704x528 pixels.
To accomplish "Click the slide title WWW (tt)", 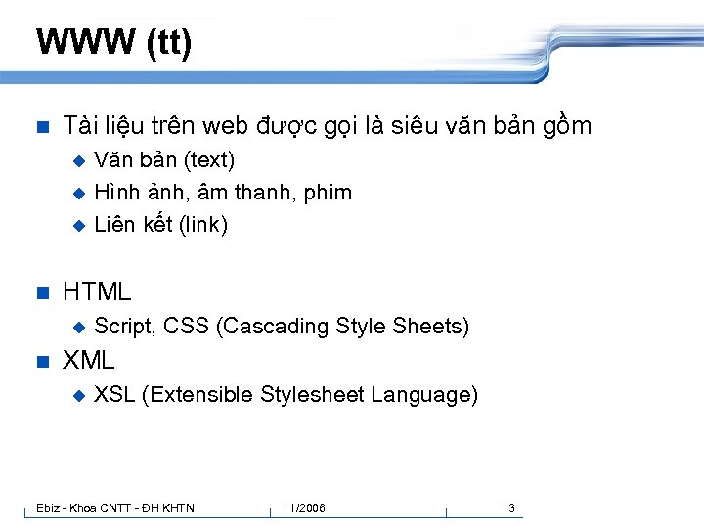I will (x=113, y=43).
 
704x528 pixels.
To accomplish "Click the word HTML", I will (x=97, y=291).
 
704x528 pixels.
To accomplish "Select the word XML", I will (x=89, y=360).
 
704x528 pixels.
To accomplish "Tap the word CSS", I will (x=186, y=326).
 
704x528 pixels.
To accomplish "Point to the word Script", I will (x=123, y=326).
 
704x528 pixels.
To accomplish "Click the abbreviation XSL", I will (x=114, y=395).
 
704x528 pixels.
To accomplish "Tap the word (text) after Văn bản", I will (x=207, y=159).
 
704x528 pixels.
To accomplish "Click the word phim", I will (x=328, y=192).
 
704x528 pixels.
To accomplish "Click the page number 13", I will (x=508, y=507).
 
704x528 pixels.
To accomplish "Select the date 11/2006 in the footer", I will (x=304, y=507).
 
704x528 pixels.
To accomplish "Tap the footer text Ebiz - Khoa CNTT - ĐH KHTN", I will (x=115, y=507).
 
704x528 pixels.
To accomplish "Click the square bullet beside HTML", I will (x=41, y=292).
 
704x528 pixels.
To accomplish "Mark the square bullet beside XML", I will (x=41, y=361).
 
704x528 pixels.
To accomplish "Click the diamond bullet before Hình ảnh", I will (x=79, y=193).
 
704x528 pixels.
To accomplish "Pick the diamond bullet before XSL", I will (x=79, y=395).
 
